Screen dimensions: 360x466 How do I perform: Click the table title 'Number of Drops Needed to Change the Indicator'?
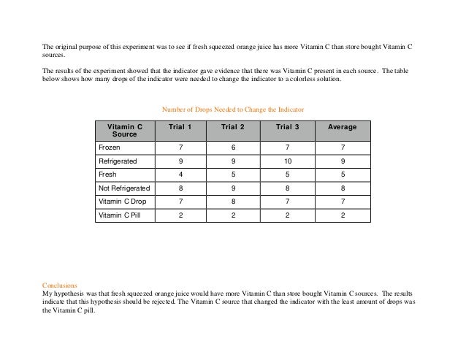coord(232,109)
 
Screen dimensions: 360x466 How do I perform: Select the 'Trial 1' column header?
coord(180,127)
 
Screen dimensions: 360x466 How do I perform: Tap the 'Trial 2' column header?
coord(234,127)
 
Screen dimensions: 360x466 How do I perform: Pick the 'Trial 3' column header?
coord(289,127)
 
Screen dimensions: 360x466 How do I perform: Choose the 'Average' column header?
coord(343,127)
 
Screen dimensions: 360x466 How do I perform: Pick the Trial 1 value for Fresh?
coord(180,175)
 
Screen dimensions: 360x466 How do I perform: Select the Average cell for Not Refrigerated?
coord(343,188)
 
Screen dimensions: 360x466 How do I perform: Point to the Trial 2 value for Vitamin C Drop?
coord(234,201)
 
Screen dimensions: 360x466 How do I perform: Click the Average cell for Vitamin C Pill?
coord(343,215)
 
